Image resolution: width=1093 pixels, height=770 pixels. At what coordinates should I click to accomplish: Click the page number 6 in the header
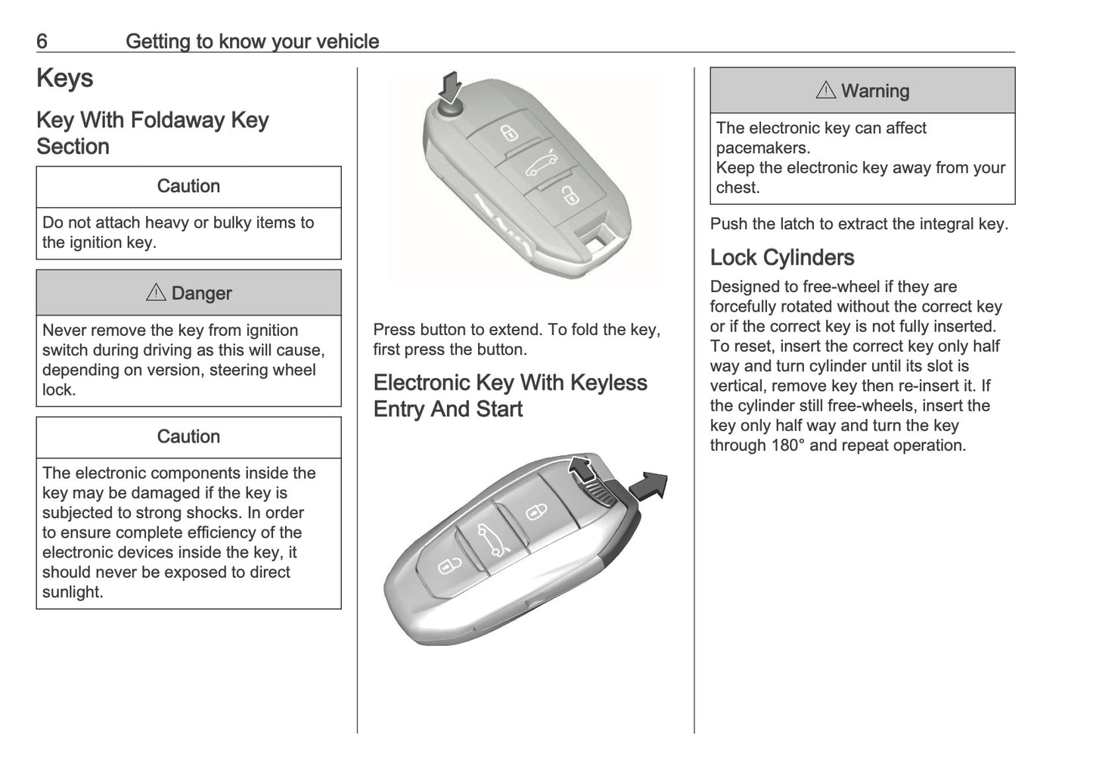coord(42,41)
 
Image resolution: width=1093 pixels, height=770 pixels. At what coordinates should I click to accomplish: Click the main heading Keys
coord(65,78)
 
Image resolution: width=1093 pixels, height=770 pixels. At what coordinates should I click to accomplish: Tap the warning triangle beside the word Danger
coord(156,293)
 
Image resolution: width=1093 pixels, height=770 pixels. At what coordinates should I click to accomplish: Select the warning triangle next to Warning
coord(826,91)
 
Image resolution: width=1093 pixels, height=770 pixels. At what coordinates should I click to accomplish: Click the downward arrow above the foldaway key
coord(451,87)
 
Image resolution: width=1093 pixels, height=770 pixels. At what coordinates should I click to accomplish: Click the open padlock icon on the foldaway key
coord(569,197)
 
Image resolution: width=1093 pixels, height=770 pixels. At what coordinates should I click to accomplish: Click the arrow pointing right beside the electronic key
coord(649,486)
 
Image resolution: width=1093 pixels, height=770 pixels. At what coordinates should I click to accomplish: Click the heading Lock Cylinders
coord(781,258)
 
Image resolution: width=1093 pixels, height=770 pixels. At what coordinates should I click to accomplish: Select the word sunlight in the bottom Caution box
coord(73,592)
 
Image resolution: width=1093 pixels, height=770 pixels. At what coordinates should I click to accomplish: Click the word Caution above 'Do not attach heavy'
coord(188,186)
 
